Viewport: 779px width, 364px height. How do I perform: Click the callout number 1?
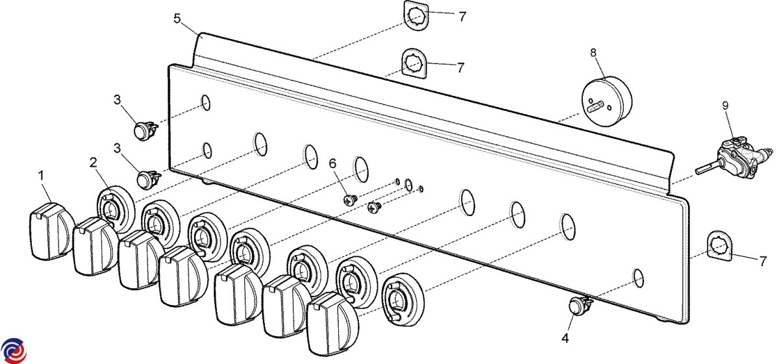click(x=41, y=175)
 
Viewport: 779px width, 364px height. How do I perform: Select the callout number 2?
click(x=93, y=162)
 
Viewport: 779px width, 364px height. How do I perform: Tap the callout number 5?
click(x=177, y=18)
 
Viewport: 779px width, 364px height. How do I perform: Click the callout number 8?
click(x=593, y=51)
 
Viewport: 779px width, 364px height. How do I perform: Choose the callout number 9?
click(x=725, y=104)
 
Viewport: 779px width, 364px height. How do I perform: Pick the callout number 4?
click(x=565, y=338)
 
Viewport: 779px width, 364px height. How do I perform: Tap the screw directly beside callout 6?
click(x=351, y=200)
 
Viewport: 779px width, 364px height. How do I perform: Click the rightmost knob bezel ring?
click(x=402, y=298)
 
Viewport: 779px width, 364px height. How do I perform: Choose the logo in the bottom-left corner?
click(x=14, y=350)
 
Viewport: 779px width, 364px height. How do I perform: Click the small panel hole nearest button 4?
click(x=638, y=278)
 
